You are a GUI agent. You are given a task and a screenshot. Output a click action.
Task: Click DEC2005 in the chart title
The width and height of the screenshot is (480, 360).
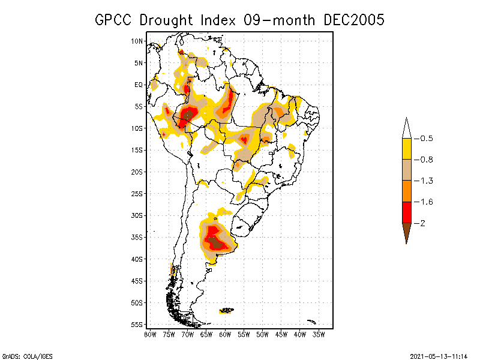tap(353, 20)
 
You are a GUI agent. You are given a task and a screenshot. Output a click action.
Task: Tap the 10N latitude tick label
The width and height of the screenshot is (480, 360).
tap(137, 41)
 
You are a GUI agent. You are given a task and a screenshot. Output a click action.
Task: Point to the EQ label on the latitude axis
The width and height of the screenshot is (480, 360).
tap(139, 85)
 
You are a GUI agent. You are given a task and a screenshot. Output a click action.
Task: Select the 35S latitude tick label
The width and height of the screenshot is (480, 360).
tap(137, 237)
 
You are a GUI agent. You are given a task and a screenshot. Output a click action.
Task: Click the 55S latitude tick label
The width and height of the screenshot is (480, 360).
tap(137, 325)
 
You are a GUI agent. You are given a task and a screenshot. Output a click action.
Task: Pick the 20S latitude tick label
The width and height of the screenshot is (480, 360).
tap(137, 172)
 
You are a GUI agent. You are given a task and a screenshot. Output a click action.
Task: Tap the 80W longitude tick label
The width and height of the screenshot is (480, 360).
tap(150, 334)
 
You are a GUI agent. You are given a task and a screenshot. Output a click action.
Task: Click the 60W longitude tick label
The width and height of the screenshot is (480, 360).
tap(225, 334)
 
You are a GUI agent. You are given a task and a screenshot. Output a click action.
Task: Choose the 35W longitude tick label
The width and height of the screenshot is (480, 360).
tap(319, 334)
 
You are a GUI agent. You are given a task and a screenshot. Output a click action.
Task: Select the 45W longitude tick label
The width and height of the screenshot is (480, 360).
tap(281, 334)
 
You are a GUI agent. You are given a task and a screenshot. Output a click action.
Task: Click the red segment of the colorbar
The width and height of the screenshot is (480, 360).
tap(407, 212)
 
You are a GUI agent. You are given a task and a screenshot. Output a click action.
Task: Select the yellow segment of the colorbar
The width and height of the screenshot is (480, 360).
tap(407, 149)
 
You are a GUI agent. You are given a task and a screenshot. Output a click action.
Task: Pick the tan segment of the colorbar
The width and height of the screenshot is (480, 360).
tap(407, 170)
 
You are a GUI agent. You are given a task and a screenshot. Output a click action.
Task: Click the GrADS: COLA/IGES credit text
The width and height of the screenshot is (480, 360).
tap(23, 355)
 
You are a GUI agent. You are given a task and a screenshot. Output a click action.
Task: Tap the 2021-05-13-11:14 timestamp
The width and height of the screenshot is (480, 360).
tap(438, 355)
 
